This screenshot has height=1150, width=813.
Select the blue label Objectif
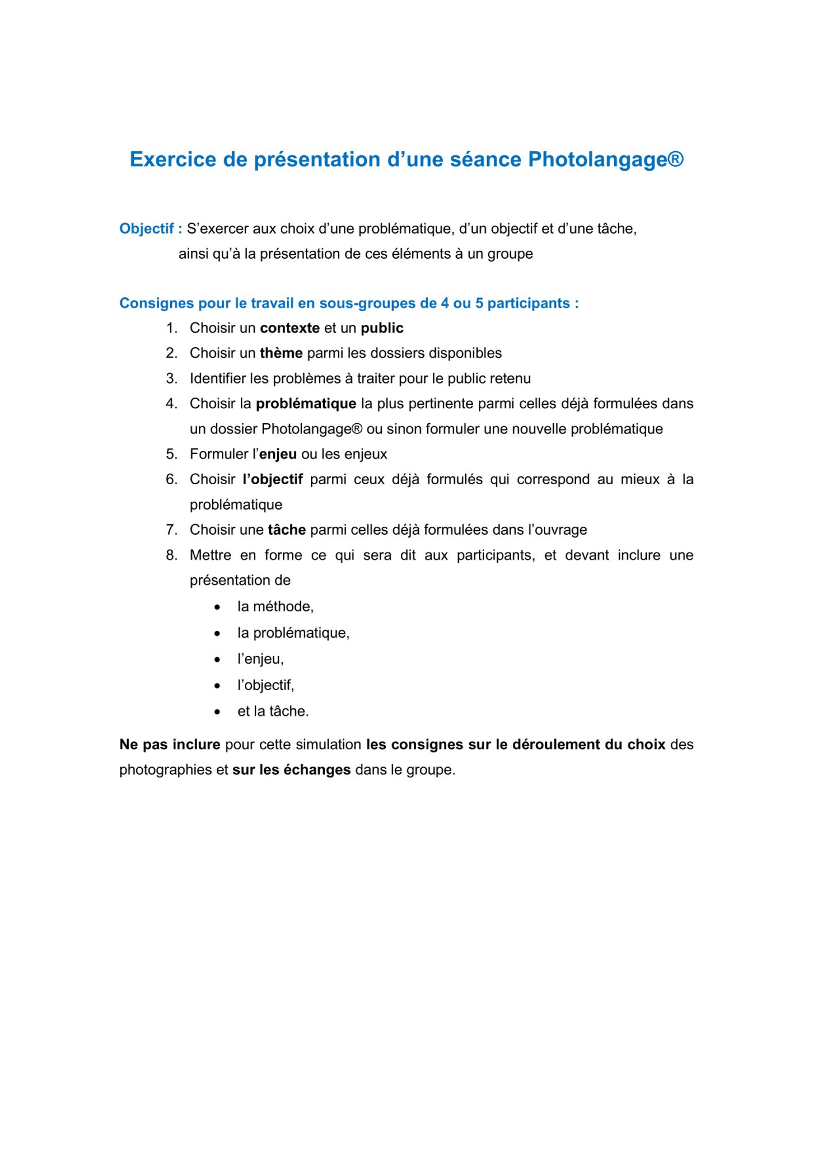[147, 229]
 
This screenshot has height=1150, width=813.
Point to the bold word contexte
[290, 328]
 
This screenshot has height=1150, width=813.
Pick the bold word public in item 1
[382, 328]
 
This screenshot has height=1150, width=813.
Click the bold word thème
[281, 353]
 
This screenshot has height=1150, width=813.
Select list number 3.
[171, 378]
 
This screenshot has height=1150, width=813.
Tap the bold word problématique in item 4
[306, 404]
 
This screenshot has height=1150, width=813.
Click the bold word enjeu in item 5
[278, 454]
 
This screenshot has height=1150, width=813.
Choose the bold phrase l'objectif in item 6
[273, 480]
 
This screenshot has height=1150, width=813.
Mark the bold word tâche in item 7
[287, 530]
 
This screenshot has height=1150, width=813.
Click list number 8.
[171, 555]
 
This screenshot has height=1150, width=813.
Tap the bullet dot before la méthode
[217, 607]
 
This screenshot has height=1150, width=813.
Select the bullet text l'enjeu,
[260, 659]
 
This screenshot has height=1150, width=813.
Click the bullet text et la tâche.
[273, 711]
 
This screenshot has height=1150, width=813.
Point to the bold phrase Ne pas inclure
[170, 745]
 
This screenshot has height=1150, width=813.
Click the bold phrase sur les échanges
[292, 770]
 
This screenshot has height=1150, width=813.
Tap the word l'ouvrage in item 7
[557, 530]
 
